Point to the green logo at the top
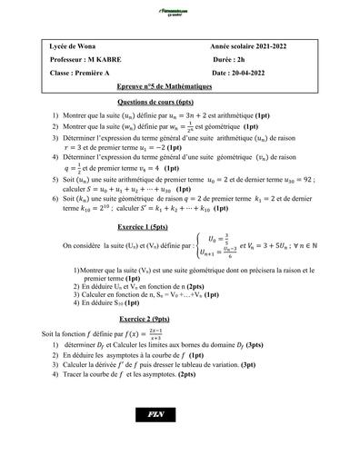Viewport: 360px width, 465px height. (x=178, y=12)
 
